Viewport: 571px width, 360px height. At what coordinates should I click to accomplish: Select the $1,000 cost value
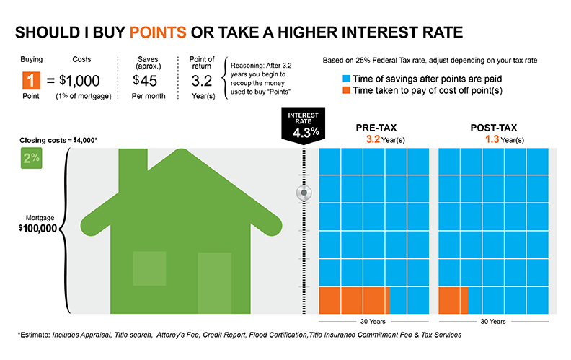point(80,82)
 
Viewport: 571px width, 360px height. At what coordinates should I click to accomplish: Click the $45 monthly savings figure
point(145,81)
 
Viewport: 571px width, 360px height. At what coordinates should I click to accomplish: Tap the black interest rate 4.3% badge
point(304,124)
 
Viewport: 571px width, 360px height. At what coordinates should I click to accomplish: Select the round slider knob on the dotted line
point(305,193)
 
